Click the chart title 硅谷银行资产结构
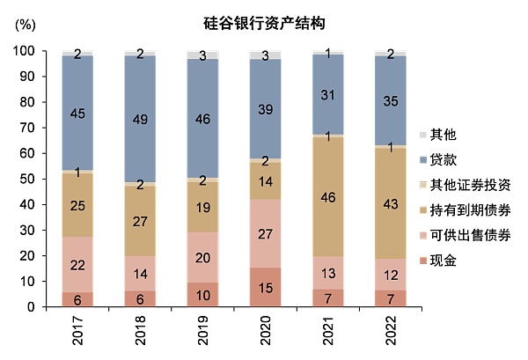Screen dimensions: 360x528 pos(265,20)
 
